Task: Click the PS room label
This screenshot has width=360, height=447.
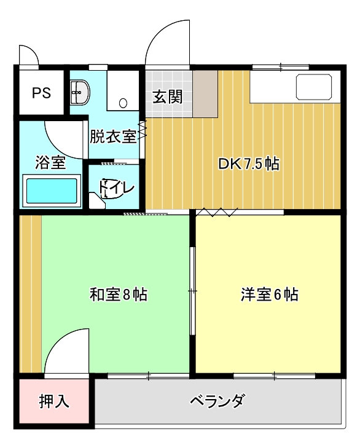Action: click(x=42, y=93)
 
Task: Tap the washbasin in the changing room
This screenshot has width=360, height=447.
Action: click(x=80, y=92)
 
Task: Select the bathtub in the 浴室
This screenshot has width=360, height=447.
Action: click(x=52, y=191)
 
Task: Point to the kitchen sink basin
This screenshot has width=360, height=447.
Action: click(x=314, y=87)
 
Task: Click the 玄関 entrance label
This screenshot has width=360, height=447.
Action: click(x=168, y=97)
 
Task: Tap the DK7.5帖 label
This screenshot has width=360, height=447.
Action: click(x=248, y=164)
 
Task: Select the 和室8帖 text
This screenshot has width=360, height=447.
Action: click(x=119, y=295)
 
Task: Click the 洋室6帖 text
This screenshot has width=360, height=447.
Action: click(x=270, y=295)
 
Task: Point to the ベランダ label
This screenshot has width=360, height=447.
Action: click(x=217, y=400)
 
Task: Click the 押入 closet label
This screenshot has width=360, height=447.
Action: click(x=54, y=401)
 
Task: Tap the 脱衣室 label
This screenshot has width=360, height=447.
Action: click(x=114, y=136)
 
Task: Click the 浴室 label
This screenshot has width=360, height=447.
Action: click(x=50, y=162)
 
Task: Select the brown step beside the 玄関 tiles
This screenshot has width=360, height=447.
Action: click(x=205, y=94)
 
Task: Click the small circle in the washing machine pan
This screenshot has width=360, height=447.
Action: click(x=123, y=103)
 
